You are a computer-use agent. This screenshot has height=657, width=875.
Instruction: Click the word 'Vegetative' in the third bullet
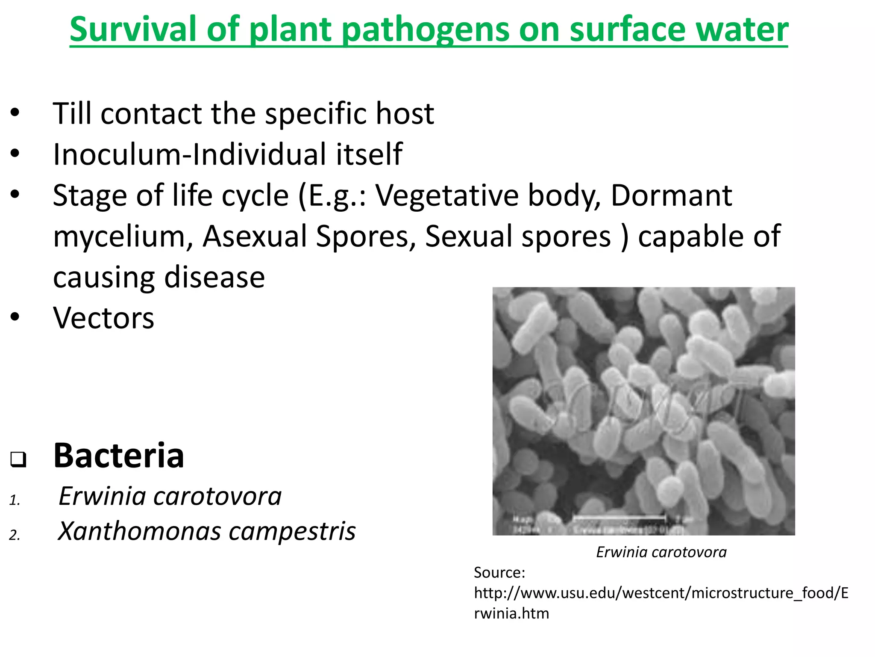447,195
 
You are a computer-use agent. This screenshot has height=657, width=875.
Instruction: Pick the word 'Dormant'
671,195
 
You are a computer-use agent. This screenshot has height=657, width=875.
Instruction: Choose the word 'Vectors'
103,318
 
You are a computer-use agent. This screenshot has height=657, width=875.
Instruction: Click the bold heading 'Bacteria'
118,456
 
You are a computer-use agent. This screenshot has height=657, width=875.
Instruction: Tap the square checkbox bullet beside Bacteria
18,459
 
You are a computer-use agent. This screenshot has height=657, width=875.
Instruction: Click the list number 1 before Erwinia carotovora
14,500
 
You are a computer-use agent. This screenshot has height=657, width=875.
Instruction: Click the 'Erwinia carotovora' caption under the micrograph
661,552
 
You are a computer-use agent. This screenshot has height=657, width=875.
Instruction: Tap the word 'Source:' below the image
499,572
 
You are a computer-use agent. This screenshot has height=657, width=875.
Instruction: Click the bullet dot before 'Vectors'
15,317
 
